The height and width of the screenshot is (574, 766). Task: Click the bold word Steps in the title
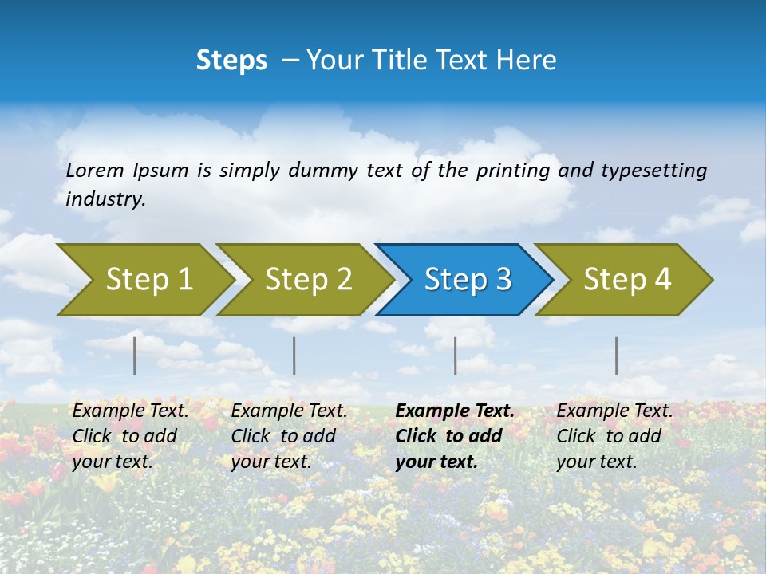(x=231, y=61)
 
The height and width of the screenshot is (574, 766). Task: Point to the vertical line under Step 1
(x=135, y=356)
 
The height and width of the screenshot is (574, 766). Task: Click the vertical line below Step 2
(x=294, y=356)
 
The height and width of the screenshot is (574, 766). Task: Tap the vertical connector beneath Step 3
(x=455, y=356)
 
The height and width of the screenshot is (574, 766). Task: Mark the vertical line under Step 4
(x=616, y=356)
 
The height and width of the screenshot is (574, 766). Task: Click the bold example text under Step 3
(x=454, y=436)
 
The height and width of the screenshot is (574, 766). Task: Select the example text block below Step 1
(x=130, y=436)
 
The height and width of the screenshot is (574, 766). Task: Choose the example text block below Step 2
(x=289, y=436)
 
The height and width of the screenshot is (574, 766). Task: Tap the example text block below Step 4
(x=614, y=436)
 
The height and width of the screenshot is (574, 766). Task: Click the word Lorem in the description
(x=95, y=171)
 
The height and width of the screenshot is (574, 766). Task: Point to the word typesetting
(x=653, y=171)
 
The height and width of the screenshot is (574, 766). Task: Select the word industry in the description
(x=105, y=199)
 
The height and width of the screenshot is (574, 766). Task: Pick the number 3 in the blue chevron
(x=503, y=280)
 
